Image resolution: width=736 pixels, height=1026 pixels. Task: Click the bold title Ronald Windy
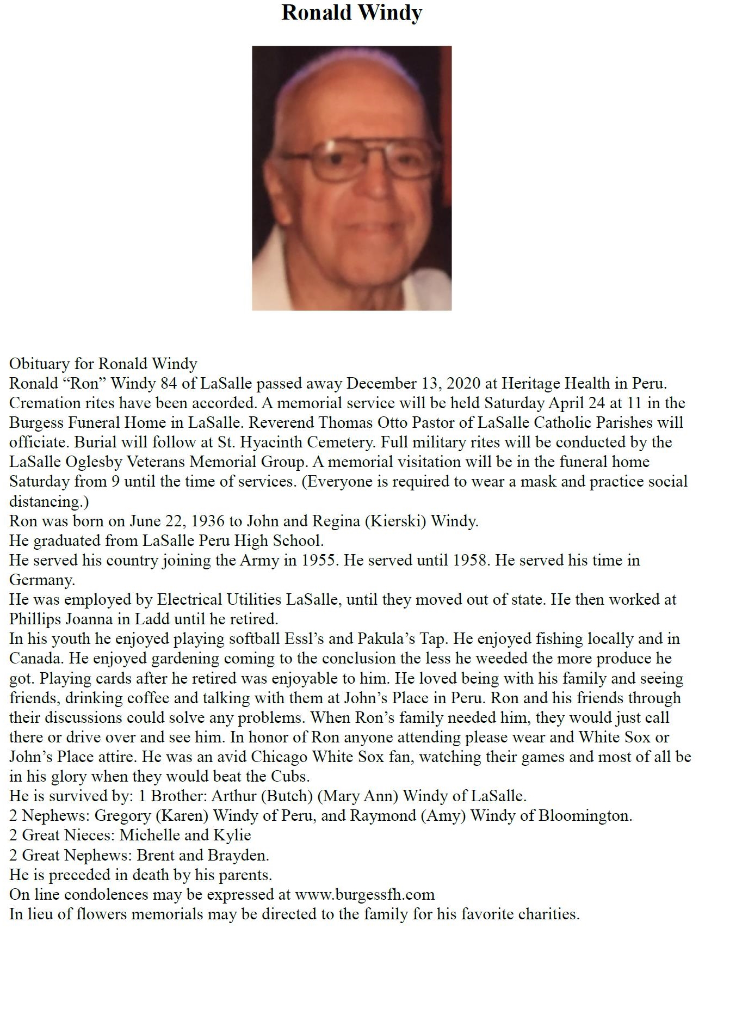tap(351, 13)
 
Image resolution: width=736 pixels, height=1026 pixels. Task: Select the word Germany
tap(41, 580)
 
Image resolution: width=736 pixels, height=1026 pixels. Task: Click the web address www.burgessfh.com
tap(364, 895)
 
